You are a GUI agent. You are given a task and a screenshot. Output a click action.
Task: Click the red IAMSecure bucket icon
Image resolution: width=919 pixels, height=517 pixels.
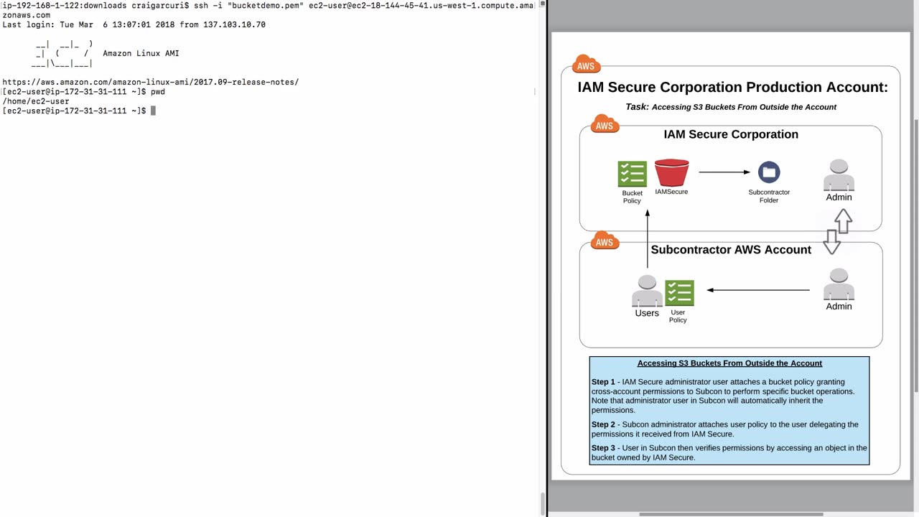(671, 173)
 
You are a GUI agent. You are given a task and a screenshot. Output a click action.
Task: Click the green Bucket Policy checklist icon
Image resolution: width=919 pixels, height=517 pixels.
(632, 174)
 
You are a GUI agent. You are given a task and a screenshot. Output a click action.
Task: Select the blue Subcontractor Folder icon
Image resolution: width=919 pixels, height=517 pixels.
(769, 172)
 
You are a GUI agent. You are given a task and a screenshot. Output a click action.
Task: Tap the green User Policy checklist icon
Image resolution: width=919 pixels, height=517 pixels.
(679, 293)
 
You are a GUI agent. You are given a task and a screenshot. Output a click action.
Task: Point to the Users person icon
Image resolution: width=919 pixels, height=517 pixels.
(647, 292)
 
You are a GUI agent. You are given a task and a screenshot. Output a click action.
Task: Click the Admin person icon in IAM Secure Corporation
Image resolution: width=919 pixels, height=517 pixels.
(839, 176)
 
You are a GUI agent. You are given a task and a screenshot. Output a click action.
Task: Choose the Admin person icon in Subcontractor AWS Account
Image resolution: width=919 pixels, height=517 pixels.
(839, 285)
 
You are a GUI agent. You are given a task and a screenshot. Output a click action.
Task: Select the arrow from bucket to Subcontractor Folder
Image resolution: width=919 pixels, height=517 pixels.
(724, 172)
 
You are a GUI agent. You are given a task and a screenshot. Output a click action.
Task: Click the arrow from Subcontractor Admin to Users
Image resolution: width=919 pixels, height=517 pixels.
(758, 290)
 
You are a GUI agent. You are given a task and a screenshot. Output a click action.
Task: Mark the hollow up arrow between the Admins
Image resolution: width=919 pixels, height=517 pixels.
(844, 220)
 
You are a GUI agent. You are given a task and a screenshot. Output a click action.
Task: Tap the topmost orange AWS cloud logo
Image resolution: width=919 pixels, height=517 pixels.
(586, 65)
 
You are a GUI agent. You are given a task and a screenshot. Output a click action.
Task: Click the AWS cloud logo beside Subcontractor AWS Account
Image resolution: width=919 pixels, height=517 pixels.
(605, 241)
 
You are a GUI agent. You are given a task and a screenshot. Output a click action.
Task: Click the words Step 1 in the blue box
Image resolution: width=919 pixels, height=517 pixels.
(603, 382)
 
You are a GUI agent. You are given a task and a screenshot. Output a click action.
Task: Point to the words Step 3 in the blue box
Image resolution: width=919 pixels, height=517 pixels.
(603, 448)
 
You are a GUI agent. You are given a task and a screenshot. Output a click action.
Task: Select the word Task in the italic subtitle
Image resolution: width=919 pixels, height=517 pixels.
(637, 107)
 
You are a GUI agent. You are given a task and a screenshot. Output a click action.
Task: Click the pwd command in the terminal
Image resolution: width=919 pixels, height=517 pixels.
(157, 92)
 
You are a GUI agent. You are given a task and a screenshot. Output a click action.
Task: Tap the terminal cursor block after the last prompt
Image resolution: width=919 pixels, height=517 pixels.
(153, 111)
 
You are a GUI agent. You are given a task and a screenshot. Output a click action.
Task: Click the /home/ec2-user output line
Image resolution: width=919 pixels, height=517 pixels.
(36, 101)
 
